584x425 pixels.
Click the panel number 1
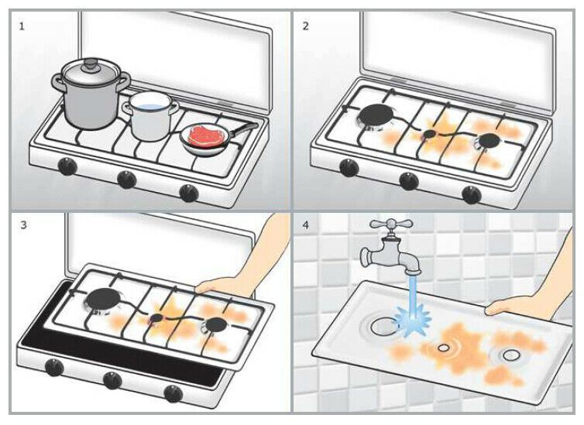pyautogui.click(x=22, y=26)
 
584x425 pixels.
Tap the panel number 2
pyautogui.click(x=305, y=26)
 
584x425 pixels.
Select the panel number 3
pyautogui.click(x=22, y=225)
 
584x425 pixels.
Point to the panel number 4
pyautogui.click(x=305, y=225)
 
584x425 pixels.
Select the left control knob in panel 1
pyautogui.click(x=68, y=166)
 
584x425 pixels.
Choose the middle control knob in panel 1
pyautogui.click(x=126, y=180)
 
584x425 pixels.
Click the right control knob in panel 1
pyautogui.click(x=188, y=193)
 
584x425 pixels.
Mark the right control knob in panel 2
pyautogui.click(x=470, y=194)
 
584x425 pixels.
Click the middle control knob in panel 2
pyautogui.click(x=409, y=181)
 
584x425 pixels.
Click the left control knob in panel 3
pyautogui.click(x=54, y=366)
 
